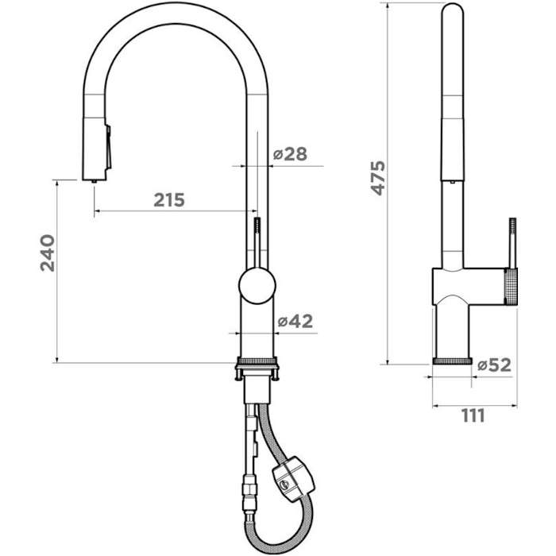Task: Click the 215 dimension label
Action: (169, 200)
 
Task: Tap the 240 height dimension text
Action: (48, 253)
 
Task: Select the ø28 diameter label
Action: (291, 154)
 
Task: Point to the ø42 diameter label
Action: (295, 321)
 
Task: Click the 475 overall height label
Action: (377, 178)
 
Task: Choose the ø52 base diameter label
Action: (494, 365)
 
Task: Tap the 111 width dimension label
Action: (473, 415)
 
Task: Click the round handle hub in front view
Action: (257, 286)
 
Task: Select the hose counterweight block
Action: (293, 479)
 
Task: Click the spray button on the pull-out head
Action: (108, 147)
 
